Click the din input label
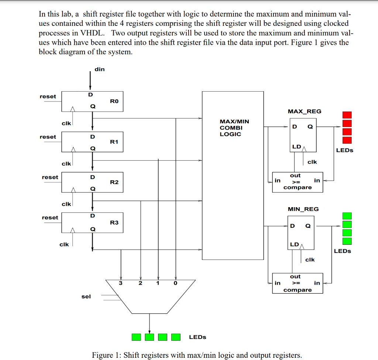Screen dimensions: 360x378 99,69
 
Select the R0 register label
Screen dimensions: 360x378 114,101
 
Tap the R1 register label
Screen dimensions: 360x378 114,141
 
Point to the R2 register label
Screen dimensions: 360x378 114,182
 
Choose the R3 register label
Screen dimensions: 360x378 114,222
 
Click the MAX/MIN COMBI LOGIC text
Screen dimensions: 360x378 234,127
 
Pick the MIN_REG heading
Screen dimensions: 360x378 303,209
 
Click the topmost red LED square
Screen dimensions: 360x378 347,115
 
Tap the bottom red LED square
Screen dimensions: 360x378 347,140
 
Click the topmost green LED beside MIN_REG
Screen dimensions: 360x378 347,216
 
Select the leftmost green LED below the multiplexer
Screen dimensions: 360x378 136,337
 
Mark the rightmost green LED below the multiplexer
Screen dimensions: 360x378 176,337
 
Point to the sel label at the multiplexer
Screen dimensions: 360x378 86,296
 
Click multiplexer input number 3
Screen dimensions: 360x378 121,283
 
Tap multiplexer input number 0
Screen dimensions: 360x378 176,283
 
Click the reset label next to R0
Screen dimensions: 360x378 48,96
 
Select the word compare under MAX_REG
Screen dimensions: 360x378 298,188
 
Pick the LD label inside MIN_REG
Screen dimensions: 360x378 294,244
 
